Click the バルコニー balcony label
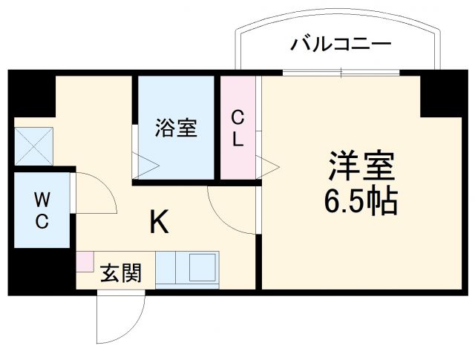tap(339, 45)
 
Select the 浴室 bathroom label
tap(176, 128)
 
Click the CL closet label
tap(237, 128)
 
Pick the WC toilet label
tap(41, 211)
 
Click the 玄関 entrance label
tap(120, 273)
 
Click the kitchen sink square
tap(201, 266)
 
